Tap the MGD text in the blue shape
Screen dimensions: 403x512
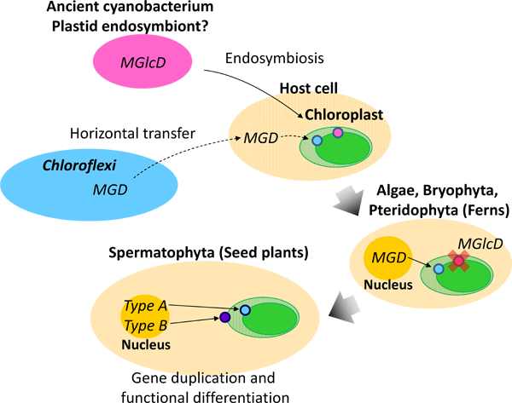point(110,189)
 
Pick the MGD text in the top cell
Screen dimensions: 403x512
point(260,137)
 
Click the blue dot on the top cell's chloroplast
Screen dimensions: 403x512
point(317,140)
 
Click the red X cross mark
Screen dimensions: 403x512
point(459,261)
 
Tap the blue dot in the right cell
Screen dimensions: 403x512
point(439,269)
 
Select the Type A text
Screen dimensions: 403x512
point(145,306)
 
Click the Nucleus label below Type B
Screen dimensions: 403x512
point(145,345)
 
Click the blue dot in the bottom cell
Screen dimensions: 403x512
point(245,310)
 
